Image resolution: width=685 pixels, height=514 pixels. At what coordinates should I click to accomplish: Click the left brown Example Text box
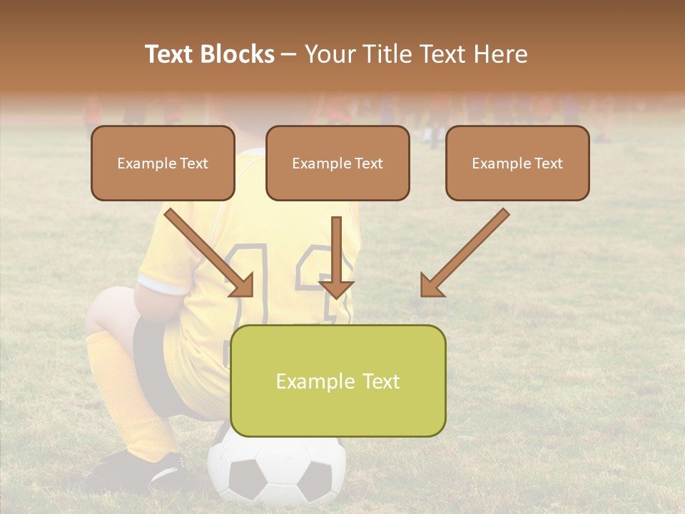point(163,163)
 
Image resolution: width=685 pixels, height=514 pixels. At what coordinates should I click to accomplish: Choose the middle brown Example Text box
point(338,163)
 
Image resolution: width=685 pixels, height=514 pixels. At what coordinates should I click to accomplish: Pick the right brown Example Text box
point(517,163)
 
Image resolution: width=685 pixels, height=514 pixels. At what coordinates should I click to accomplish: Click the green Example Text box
point(338,381)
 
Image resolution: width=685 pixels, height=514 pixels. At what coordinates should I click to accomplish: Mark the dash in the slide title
point(289,55)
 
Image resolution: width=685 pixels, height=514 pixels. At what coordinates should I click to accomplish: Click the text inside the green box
point(338,381)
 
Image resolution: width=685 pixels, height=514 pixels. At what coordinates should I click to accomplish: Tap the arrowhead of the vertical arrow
point(336,288)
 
